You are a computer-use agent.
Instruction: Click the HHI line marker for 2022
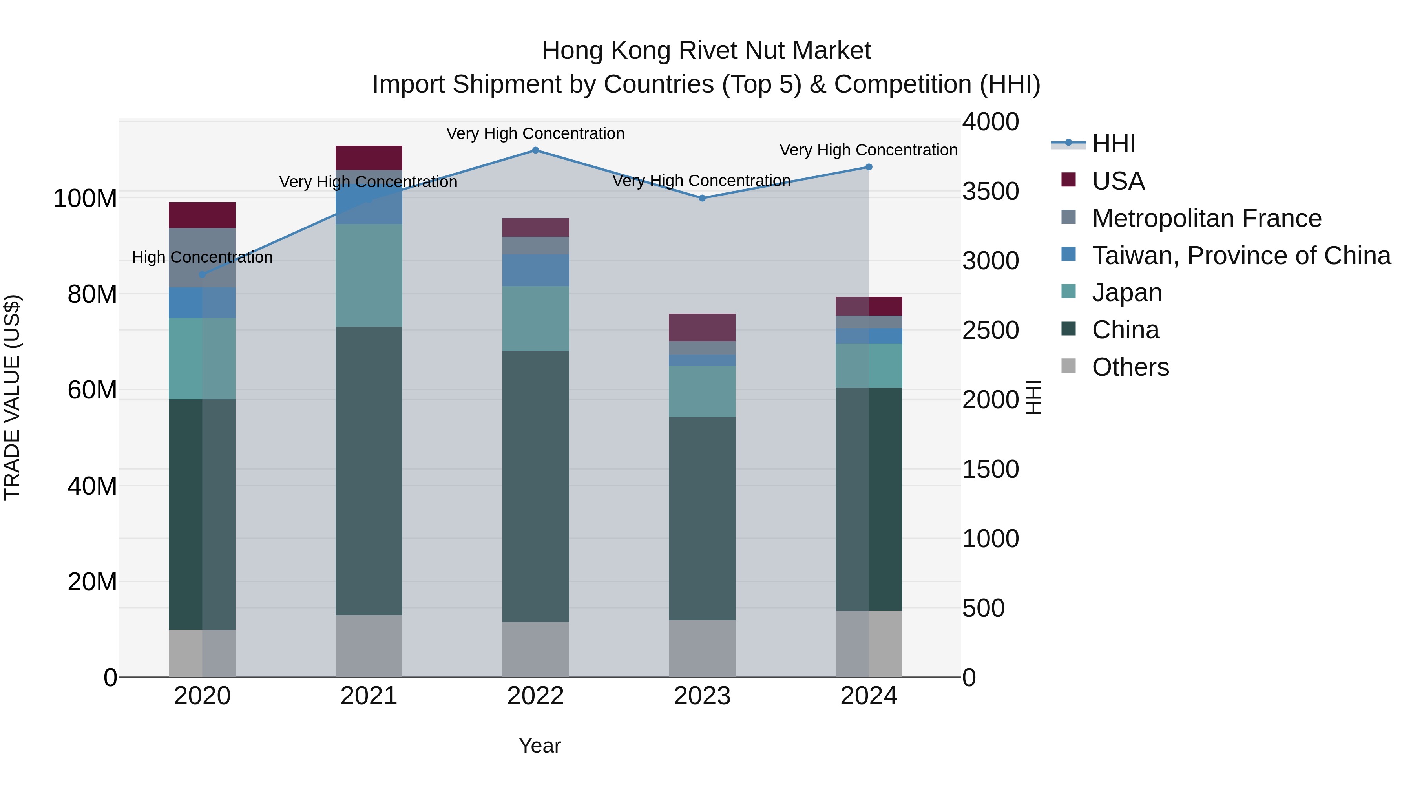pos(535,150)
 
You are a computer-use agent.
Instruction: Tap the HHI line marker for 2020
pos(202,274)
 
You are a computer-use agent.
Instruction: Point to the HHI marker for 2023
pos(702,198)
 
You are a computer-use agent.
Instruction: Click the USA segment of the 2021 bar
pos(369,157)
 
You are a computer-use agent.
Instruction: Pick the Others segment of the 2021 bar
pos(369,646)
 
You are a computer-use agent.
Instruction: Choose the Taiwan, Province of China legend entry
pos(1241,256)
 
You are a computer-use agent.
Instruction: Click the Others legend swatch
pos(1068,366)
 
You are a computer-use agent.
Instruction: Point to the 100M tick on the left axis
pos(85,198)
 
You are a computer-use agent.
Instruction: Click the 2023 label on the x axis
pos(702,696)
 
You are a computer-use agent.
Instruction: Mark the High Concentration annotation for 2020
pos(202,257)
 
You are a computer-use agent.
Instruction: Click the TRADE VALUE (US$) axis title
pos(13,397)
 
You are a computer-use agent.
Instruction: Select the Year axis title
pos(540,746)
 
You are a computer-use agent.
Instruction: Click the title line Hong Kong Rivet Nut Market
pos(706,51)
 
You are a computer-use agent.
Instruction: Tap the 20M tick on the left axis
pos(92,581)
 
